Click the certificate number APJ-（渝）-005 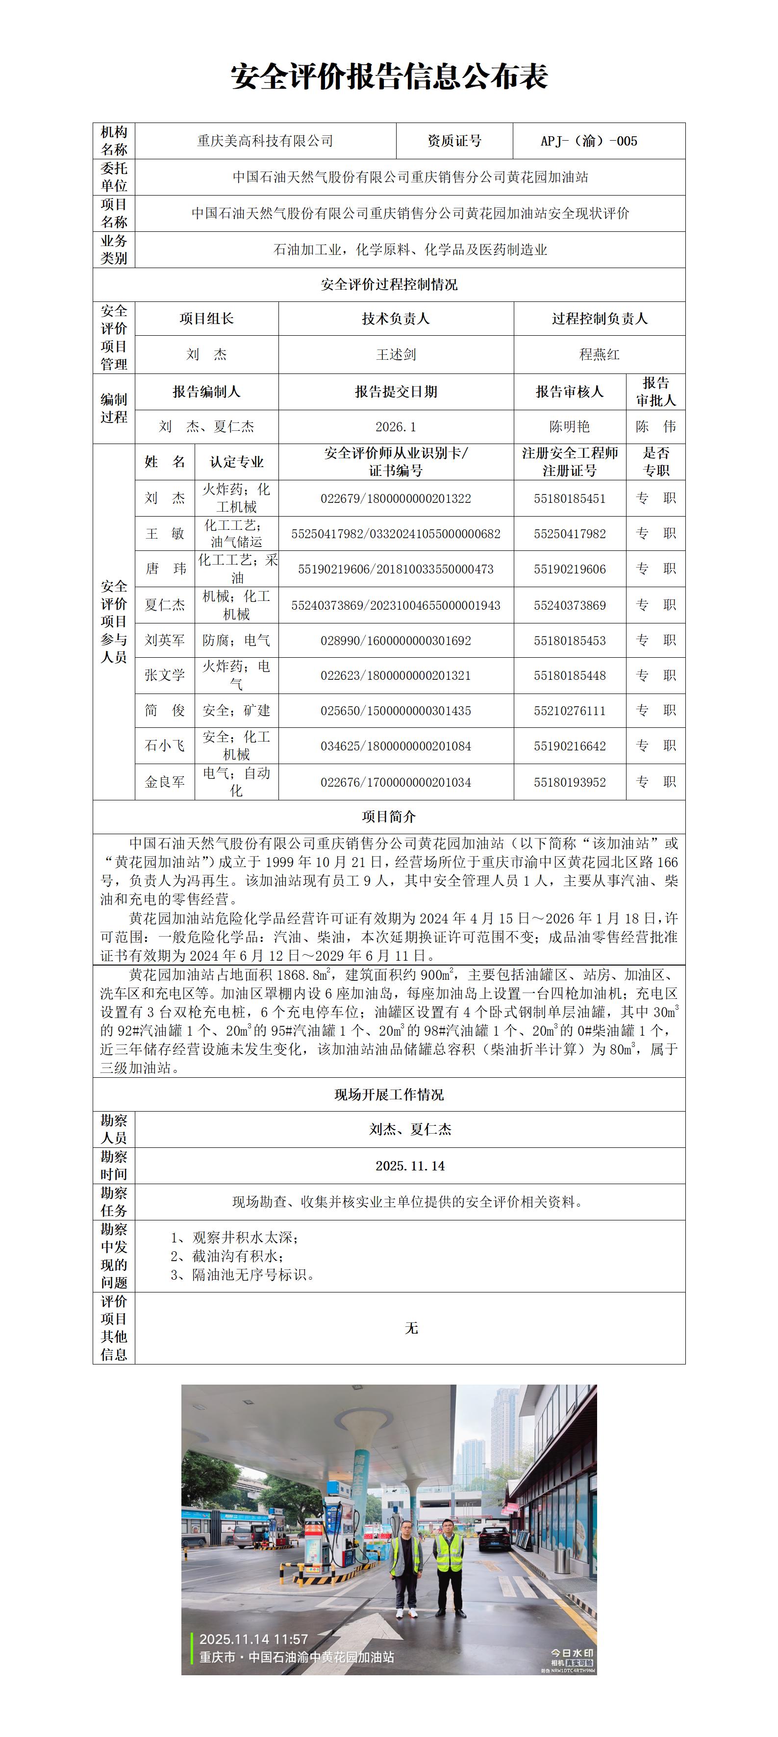(589, 141)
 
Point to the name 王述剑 (396, 355)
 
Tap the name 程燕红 (600, 355)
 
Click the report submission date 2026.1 (396, 427)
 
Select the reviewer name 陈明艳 (570, 427)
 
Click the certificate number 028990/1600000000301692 (396, 641)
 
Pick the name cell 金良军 (165, 782)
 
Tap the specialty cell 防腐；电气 (236, 641)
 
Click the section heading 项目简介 (389, 817)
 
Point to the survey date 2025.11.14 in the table (410, 1166)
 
